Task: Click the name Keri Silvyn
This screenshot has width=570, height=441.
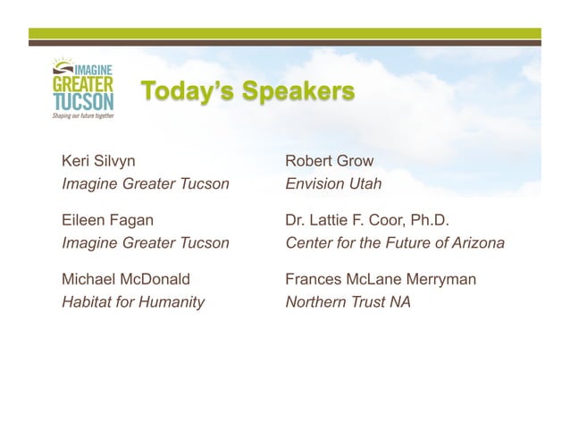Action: (98, 162)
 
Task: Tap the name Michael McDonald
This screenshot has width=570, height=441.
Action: (125, 280)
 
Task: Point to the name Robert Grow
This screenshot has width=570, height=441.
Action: (329, 162)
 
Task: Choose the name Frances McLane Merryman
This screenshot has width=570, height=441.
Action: (380, 280)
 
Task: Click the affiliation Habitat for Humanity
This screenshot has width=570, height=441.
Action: (132, 302)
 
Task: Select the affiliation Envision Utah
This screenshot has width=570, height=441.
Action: (332, 184)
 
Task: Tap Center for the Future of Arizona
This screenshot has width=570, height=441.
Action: (394, 243)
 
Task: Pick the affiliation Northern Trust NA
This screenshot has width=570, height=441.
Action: (348, 302)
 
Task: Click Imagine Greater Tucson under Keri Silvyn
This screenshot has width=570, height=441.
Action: (145, 184)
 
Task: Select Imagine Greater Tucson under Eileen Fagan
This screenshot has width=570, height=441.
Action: (145, 243)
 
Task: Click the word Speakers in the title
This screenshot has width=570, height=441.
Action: (300, 92)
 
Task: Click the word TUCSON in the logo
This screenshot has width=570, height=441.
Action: (81, 103)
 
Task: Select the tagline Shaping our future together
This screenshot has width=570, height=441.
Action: (81, 117)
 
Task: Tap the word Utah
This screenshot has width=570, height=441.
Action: (365, 184)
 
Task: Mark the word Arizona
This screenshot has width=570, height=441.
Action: (476, 243)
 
